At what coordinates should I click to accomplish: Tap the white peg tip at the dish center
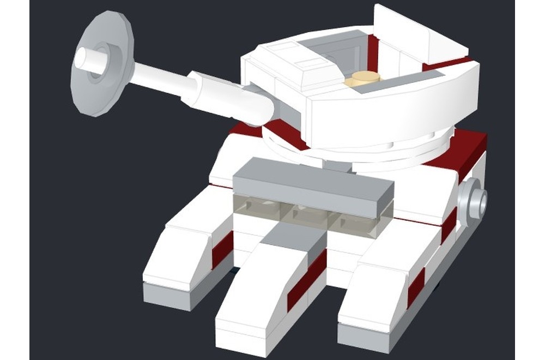[83, 59]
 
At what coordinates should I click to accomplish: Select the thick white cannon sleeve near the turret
[229, 98]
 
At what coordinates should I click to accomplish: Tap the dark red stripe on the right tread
[416, 287]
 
